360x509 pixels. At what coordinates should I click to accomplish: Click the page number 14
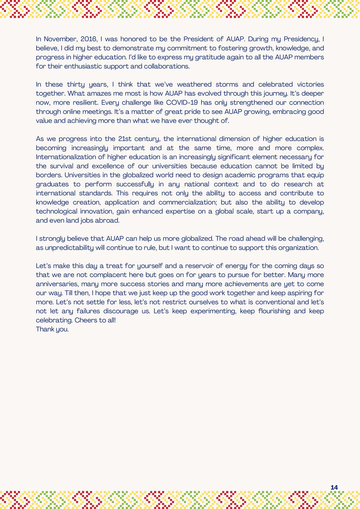[334, 487]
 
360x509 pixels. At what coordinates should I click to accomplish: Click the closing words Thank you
[52, 329]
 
